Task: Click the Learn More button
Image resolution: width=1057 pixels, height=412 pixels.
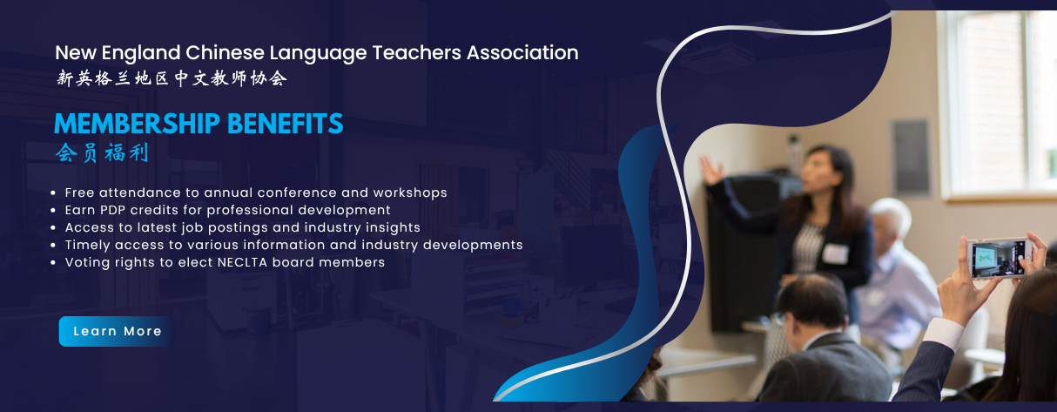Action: coord(117,331)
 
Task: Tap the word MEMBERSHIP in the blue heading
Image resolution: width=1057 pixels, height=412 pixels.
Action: coord(138,124)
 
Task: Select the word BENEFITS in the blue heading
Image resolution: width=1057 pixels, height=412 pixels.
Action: coord(286,124)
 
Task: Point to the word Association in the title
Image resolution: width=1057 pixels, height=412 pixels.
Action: coord(522,53)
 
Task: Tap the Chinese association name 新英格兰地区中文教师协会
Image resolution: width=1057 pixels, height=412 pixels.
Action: coord(172,78)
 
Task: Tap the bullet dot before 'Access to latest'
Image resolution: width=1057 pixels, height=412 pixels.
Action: coord(53,228)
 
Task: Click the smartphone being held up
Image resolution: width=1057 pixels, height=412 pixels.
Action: coord(1000,258)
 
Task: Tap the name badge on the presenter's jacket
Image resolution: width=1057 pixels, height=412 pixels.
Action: coord(835,253)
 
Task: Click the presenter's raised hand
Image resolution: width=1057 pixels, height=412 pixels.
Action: coord(710,169)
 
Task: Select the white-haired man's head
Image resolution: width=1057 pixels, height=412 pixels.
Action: coord(890,223)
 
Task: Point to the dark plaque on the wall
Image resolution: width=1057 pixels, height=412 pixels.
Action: coord(910,157)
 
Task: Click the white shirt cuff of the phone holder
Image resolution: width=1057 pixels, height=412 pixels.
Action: coord(943,334)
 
